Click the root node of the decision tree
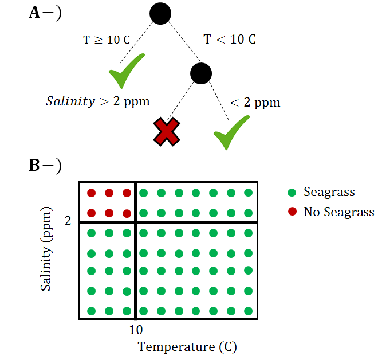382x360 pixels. tap(160, 14)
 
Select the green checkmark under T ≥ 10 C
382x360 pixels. tap(126, 71)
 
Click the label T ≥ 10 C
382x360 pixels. tap(107, 40)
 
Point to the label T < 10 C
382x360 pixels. tap(230, 40)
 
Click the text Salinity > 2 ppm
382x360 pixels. tap(97, 101)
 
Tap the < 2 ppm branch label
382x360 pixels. tap(255, 103)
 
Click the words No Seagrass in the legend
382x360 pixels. tap(338, 212)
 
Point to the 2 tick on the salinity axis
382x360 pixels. tap(68, 221)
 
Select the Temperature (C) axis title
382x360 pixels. tap(187, 346)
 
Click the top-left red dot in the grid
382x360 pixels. tap(91, 193)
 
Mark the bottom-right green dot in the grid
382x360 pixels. tap(249, 311)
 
